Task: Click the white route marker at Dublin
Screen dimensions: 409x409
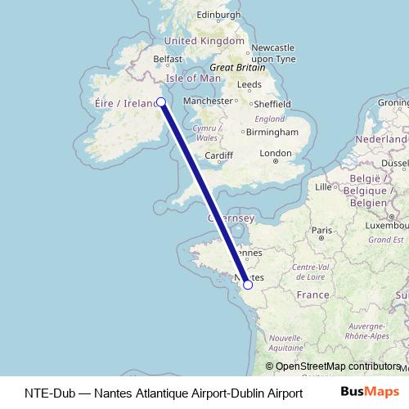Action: pyautogui.click(x=161, y=102)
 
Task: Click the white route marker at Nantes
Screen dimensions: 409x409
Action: pyautogui.click(x=248, y=285)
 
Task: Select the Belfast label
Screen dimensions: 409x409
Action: pyautogui.click(x=167, y=59)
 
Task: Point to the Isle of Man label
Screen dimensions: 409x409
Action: pyautogui.click(x=194, y=78)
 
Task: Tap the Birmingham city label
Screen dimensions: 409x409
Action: pyautogui.click(x=272, y=132)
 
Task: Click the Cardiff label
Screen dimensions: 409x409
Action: pyautogui.click(x=219, y=156)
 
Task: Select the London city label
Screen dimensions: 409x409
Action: pyautogui.click(x=275, y=153)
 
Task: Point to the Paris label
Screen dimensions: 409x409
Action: pyautogui.click(x=321, y=231)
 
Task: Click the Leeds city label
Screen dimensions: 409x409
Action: pyautogui.click(x=249, y=84)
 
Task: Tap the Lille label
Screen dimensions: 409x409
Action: pyautogui.click(x=325, y=187)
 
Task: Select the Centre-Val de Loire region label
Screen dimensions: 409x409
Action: pyautogui.click(x=309, y=272)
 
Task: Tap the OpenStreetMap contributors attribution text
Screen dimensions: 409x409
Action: pyautogui.click(x=337, y=367)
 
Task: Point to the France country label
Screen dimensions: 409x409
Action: pyautogui.click(x=312, y=294)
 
